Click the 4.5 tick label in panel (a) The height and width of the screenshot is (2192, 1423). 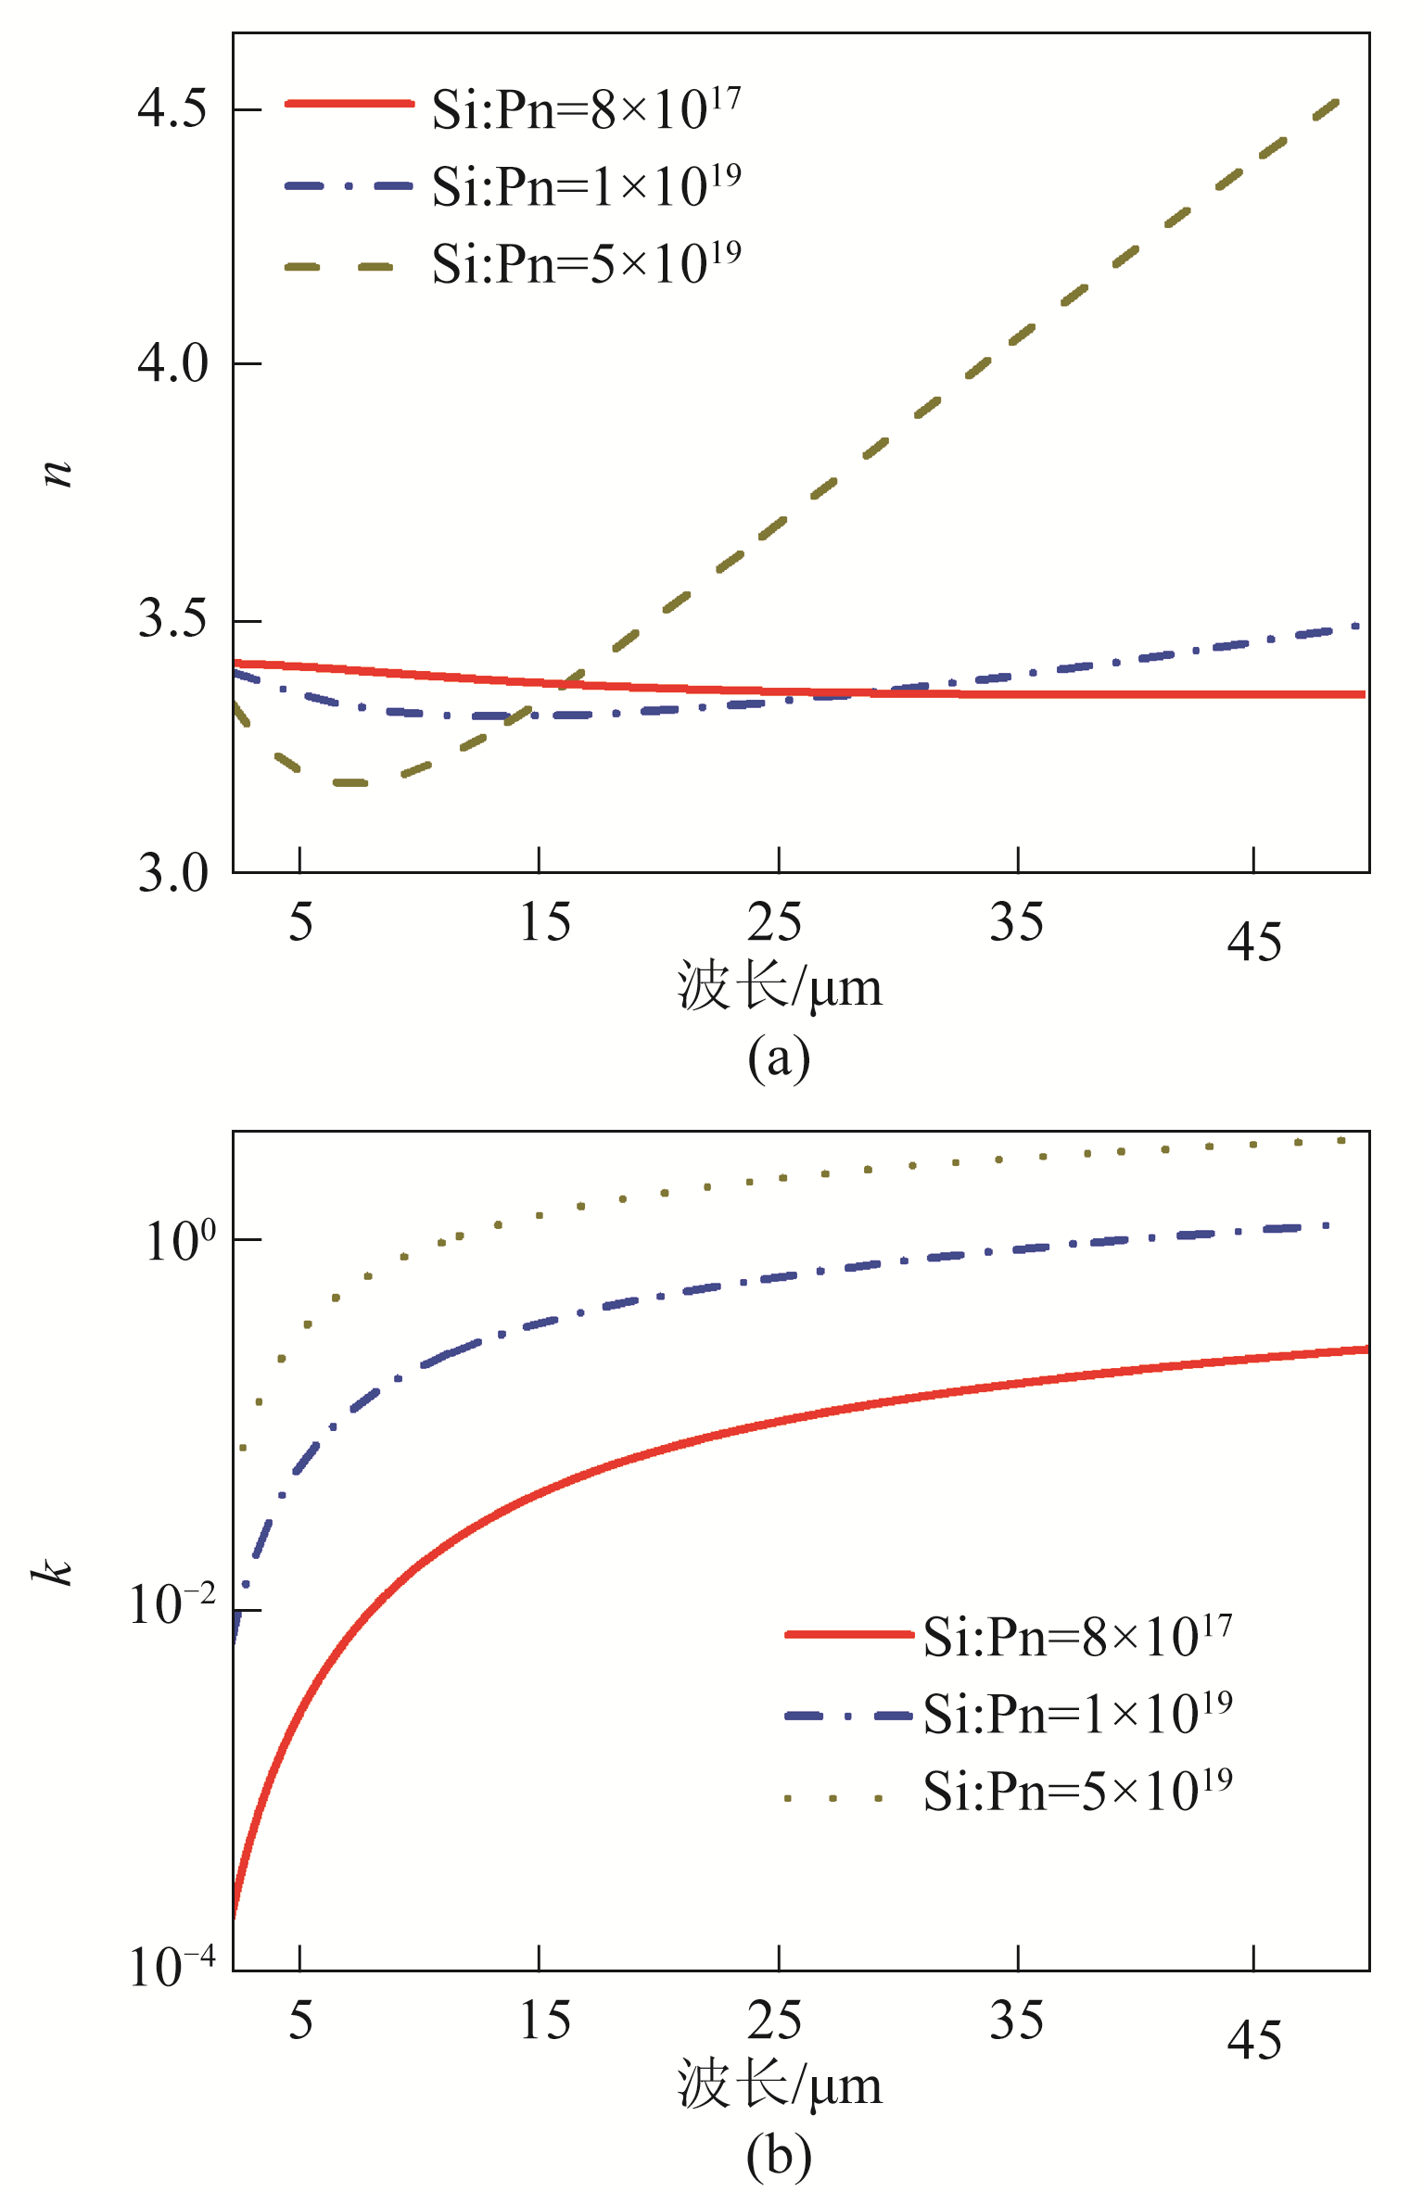tap(172, 109)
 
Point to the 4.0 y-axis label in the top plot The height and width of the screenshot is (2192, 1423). tap(172, 362)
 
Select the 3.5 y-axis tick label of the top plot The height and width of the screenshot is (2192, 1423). tap(172, 618)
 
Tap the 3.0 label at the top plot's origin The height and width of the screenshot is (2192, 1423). tap(173, 873)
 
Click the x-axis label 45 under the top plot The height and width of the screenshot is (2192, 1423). tap(1254, 943)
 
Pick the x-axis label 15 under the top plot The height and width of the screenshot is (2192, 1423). tap(544, 922)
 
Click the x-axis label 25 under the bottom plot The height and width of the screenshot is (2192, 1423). tap(774, 2021)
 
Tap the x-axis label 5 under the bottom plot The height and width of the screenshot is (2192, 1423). tap(300, 2021)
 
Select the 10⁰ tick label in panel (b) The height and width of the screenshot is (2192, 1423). tap(180, 1240)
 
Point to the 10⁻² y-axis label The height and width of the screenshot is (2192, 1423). tap(172, 1603)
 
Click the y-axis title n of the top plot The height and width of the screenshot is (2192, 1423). tap(58, 473)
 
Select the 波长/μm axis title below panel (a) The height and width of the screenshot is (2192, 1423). tap(779, 987)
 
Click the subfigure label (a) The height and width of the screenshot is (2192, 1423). tap(779, 1058)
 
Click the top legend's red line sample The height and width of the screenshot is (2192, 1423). tap(349, 104)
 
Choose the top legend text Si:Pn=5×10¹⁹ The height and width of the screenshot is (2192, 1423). tap(586, 263)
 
